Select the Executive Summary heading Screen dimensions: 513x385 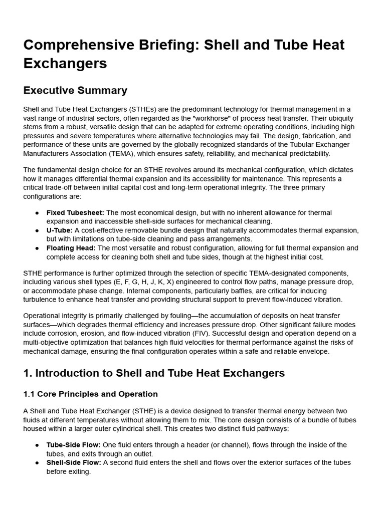pyautogui.click(x=75, y=90)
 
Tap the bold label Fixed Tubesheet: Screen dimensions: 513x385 pyautogui.click(x=75, y=212)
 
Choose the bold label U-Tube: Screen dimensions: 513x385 pyautogui.click(x=60, y=230)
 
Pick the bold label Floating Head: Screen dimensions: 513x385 pyautogui.click(x=72, y=248)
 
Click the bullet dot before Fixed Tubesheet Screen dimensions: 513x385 pyautogui.click(x=37, y=213)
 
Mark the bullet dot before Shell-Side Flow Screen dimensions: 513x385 pyautogui.click(x=37, y=463)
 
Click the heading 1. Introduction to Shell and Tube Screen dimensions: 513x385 pyautogui.click(x=154, y=373)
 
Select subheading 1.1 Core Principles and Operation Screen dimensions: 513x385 pyautogui.click(x=91, y=394)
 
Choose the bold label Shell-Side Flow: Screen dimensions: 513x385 pyautogui.click(x=74, y=462)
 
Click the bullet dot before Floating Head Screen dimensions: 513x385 pyautogui.click(x=37, y=248)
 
